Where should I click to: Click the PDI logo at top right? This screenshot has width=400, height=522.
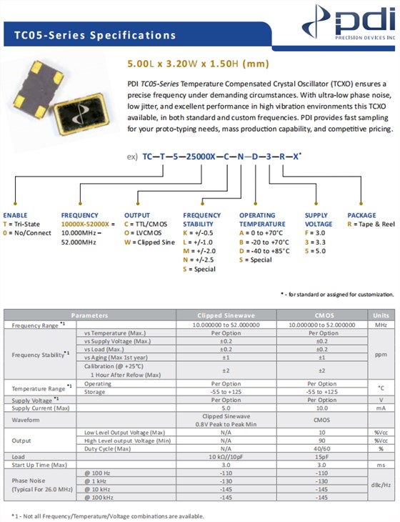click(x=354, y=24)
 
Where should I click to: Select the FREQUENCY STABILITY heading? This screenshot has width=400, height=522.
click(x=202, y=219)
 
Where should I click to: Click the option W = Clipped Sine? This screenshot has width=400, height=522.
click(x=149, y=242)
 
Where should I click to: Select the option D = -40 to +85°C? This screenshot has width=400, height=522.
click(x=264, y=251)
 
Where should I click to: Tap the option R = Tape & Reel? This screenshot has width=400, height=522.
click(x=371, y=224)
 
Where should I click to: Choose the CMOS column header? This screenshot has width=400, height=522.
click(x=323, y=315)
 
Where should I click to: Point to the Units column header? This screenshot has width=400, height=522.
click(x=380, y=315)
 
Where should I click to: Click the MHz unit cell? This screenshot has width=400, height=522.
click(x=380, y=324)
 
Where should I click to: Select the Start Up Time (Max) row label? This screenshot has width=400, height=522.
click(x=40, y=464)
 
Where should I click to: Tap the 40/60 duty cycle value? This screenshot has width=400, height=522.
click(x=323, y=448)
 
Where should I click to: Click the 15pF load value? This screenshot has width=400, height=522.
click(x=323, y=456)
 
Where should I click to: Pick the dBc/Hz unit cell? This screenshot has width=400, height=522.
click(x=380, y=485)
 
